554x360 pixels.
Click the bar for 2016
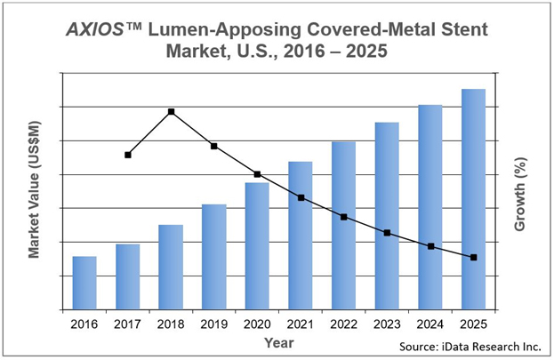coord(84,283)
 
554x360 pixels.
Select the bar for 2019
coord(213,257)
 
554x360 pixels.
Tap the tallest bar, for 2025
coord(472,199)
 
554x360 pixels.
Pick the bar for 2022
coord(343,226)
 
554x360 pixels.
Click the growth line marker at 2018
coord(171,112)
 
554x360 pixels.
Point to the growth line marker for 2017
coord(128,155)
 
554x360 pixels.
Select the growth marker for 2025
coord(473,258)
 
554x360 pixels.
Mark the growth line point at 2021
coord(301,197)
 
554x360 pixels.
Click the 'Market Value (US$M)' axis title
coord(34,190)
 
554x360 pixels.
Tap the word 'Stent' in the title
coord(462,29)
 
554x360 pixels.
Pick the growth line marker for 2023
coord(387,233)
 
